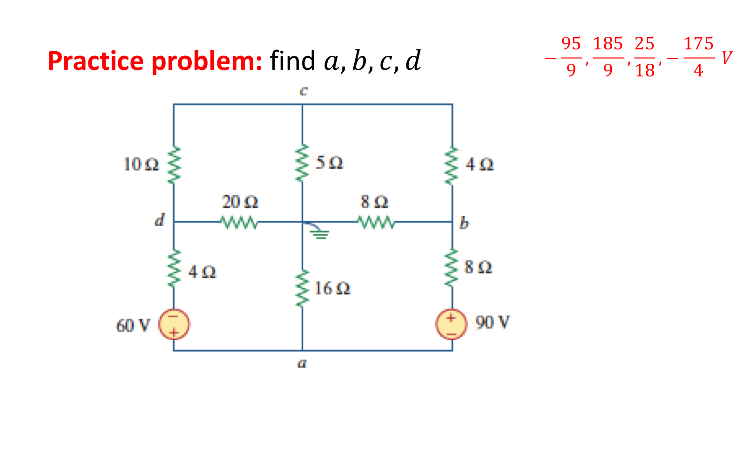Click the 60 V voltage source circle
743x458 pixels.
click(174, 324)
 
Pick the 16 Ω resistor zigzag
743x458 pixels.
click(303, 288)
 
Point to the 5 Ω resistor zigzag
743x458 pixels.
click(303, 164)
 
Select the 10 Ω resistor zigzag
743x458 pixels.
click(174, 165)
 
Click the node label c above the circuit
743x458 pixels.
click(303, 91)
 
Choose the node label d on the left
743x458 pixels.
click(160, 219)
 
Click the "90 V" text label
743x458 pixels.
click(493, 322)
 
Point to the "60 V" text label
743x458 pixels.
click(133, 325)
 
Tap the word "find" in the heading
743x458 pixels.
click(292, 61)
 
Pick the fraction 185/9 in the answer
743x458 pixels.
click(608, 57)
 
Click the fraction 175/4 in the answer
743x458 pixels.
click(698, 57)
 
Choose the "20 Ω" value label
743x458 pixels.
click(240, 202)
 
